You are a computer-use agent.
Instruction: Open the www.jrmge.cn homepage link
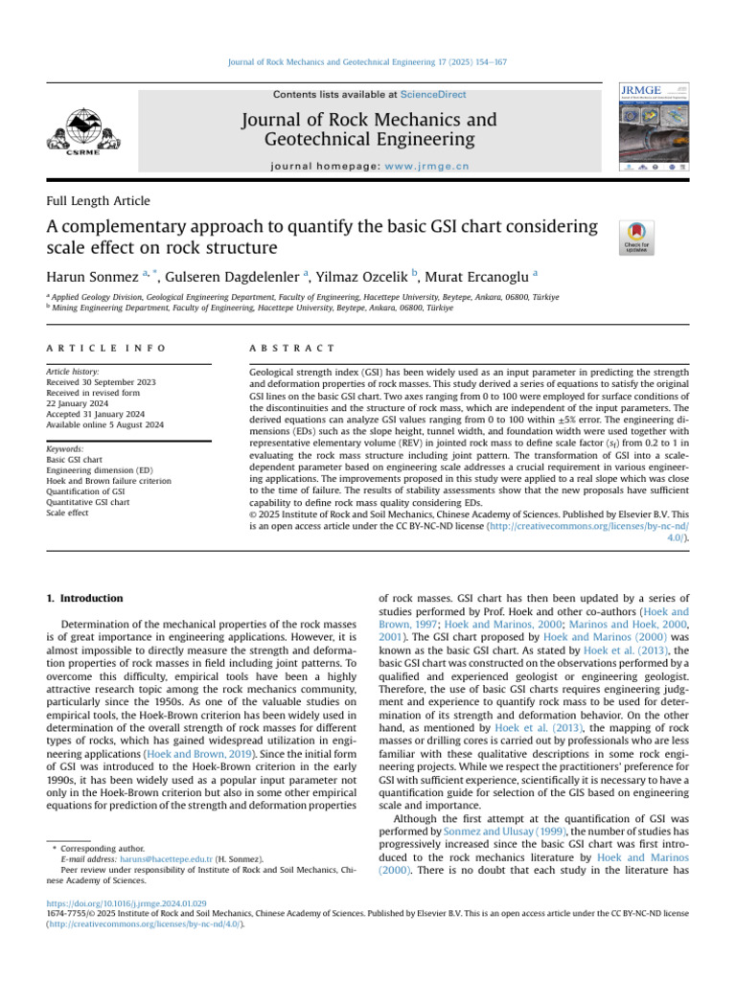click(x=427, y=166)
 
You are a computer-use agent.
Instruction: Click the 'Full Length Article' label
click(x=98, y=201)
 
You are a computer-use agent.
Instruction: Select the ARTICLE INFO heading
click(x=105, y=348)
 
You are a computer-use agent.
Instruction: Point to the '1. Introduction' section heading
click(x=85, y=599)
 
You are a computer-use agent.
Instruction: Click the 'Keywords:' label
click(x=65, y=448)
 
